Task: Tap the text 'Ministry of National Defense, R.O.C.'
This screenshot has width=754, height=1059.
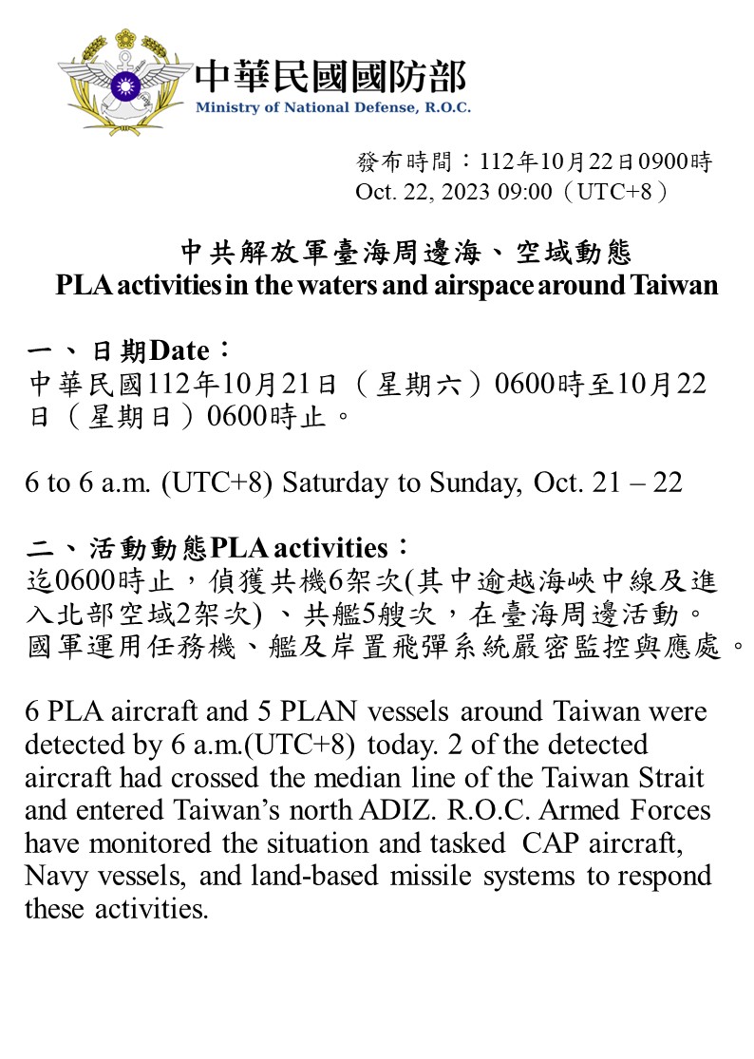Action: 332,107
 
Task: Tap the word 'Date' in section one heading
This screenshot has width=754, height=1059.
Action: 179,351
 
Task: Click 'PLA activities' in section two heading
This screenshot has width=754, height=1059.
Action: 299,548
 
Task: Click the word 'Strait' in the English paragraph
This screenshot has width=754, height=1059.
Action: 672,778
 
